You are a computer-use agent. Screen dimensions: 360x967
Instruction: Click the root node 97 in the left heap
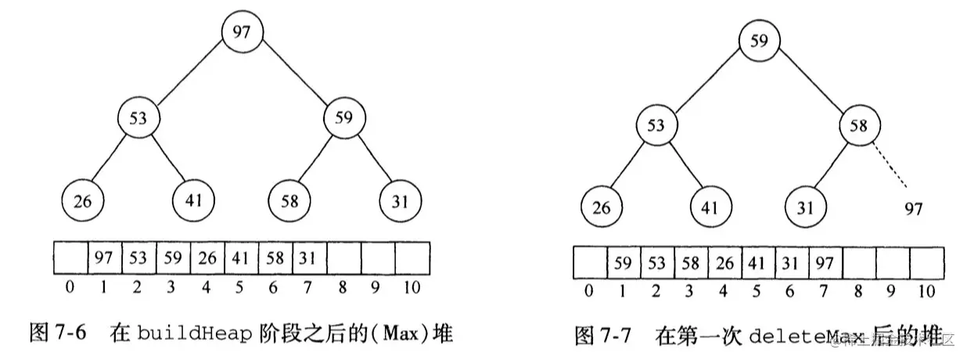243,33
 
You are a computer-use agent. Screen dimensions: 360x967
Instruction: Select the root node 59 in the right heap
758,41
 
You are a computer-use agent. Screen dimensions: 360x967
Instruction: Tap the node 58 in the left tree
289,201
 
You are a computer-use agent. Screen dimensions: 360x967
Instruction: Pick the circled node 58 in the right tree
858,125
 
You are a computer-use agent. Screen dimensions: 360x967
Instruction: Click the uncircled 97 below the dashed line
912,209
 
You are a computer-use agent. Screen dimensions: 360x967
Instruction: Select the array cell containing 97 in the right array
825,263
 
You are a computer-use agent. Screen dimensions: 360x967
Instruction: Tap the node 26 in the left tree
83,201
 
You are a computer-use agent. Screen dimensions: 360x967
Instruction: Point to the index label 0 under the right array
588,293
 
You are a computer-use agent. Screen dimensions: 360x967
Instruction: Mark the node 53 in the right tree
657,125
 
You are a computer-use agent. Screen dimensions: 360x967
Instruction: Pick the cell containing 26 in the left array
207,256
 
